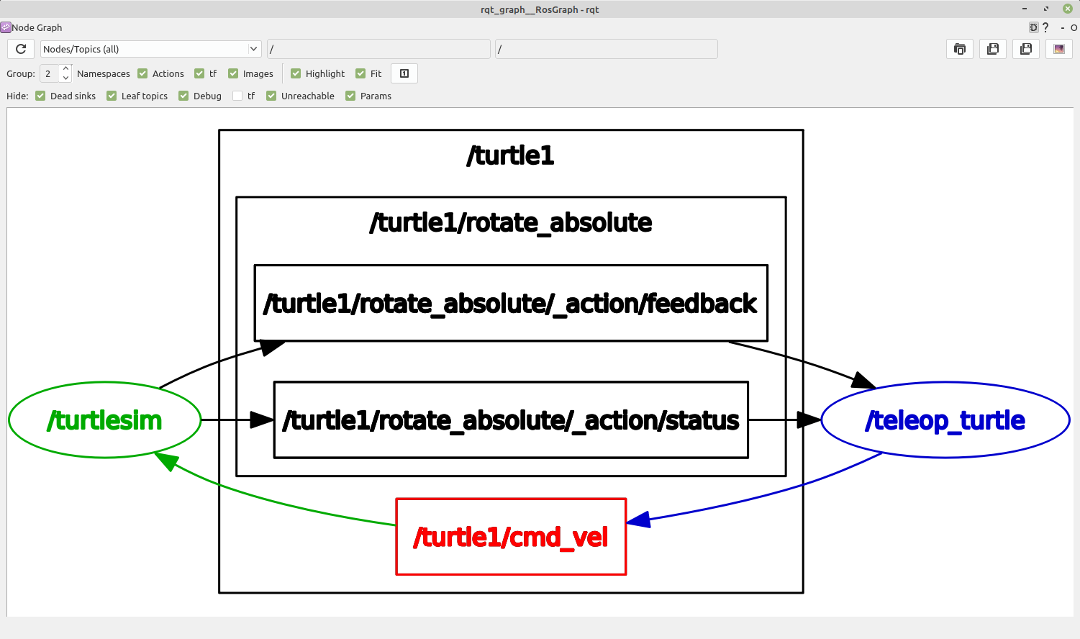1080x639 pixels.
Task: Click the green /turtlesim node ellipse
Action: [104, 420]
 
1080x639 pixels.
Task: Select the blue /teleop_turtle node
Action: [945, 420]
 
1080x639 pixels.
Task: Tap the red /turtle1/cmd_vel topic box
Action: [511, 537]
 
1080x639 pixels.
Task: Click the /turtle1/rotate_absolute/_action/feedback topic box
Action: [511, 303]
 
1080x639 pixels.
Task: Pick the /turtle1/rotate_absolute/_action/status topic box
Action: [511, 420]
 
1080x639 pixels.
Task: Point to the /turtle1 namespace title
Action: [511, 155]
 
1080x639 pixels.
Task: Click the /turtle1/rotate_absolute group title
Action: [511, 222]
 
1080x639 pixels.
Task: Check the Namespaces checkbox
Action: [142, 73]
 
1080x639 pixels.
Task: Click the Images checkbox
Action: [233, 73]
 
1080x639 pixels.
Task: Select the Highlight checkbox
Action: [296, 73]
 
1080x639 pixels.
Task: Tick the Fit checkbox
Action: [360, 73]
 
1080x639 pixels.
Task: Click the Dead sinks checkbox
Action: [40, 96]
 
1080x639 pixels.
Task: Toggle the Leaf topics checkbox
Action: [112, 96]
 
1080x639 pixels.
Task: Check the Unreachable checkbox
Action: [271, 96]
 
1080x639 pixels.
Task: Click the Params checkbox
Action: [350, 96]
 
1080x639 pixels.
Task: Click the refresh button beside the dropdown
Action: [21, 49]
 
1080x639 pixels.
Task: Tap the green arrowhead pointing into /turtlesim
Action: [166, 461]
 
